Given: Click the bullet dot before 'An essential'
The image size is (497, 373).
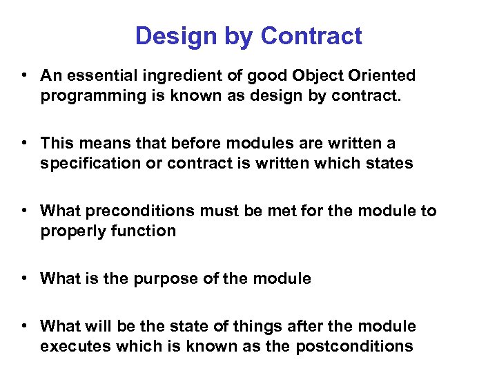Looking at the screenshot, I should click(x=24, y=75).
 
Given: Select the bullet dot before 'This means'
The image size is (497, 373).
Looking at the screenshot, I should click(x=24, y=143).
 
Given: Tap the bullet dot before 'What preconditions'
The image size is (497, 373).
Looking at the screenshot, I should click(x=24, y=211).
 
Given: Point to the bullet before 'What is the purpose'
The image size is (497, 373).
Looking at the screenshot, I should click(x=24, y=278).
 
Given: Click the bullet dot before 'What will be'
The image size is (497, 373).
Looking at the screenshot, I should click(x=24, y=326).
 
